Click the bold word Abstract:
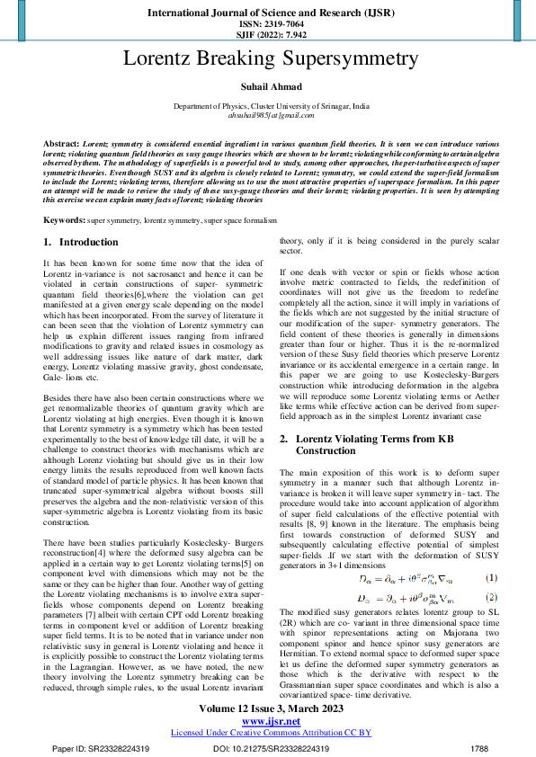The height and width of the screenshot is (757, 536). pyautogui.click(x=61, y=144)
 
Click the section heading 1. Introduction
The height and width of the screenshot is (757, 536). pyautogui.click(x=81, y=243)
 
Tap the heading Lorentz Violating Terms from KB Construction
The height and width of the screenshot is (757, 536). pyautogui.click(x=369, y=444)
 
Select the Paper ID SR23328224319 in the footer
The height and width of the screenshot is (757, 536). pyautogui.click(x=101, y=747)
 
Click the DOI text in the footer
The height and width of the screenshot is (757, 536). pyautogui.click(x=270, y=747)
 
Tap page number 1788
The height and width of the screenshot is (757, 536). pyautogui.click(x=479, y=747)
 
